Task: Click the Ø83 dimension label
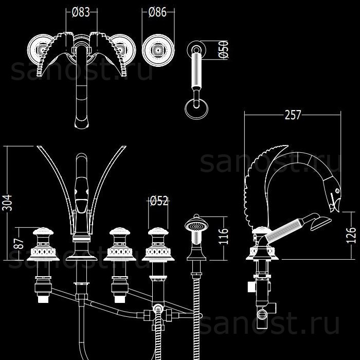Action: [x=81, y=12]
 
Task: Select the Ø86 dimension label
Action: [x=157, y=12]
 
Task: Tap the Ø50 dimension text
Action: [x=223, y=49]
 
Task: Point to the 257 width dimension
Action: [x=293, y=115]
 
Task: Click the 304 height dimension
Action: [x=7, y=203]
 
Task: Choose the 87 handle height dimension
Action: [x=19, y=244]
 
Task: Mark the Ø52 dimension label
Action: [x=159, y=201]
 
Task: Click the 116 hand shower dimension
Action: [x=223, y=236]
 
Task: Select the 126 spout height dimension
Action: [x=351, y=235]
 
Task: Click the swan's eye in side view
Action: [x=337, y=191]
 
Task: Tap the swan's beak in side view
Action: [x=335, y=206]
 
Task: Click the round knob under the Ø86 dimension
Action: [x=158, y=50]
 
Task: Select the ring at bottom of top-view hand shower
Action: [x=196, y=109]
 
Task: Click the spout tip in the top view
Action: [x=81, y=123]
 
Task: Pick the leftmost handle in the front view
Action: [x=43, y=244]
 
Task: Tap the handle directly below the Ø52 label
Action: [x=158, y=244]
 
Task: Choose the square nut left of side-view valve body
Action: [x=251, y=287]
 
